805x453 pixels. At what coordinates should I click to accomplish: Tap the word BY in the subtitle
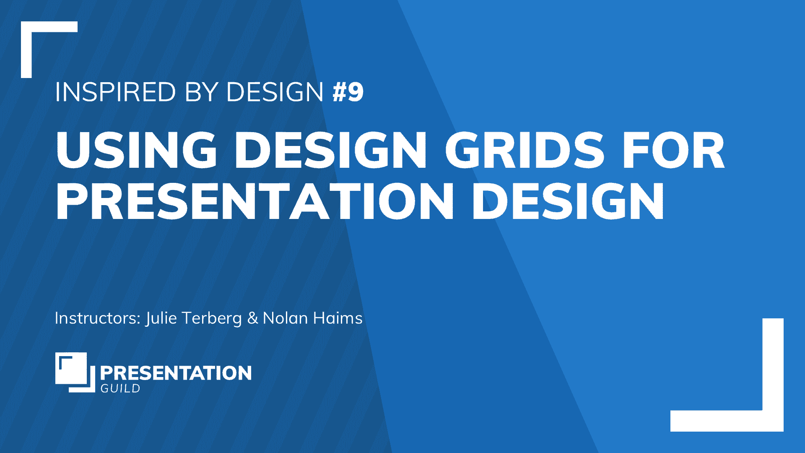(202, 92)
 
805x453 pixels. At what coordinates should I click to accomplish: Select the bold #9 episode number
(348, 92)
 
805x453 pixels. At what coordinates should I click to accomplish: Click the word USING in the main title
(137, 150)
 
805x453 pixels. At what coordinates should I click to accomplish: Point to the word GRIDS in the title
(525, 150)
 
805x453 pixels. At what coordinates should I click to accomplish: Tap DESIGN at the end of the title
(569, 201)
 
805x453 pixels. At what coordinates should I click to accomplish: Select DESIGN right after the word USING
(331, 150)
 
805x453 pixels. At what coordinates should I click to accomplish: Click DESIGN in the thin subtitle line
(275, 92)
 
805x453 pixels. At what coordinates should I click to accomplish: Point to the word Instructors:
(98, 318)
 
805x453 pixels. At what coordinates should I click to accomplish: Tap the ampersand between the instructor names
(252, 318)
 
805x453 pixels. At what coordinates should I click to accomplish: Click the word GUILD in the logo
(120, 388)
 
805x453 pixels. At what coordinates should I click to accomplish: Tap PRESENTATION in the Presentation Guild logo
(176, 373)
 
